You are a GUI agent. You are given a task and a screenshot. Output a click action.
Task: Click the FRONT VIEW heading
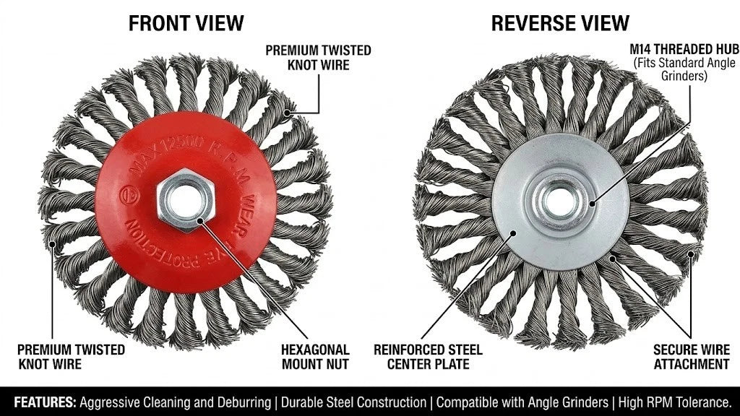pos(186,23)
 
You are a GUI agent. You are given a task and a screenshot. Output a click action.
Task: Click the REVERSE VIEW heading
pos(560,23)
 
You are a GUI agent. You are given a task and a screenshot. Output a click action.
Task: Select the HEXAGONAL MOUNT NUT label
pos(315,357)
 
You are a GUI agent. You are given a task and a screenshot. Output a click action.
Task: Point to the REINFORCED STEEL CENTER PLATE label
pos(428,357)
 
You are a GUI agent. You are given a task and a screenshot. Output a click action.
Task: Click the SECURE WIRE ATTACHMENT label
pos(692,357)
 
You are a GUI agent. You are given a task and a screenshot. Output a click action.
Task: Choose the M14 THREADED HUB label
pos(684,49)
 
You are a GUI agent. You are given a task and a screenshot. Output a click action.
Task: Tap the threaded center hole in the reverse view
pos(561,201)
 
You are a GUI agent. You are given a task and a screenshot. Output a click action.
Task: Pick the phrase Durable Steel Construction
pos(353,402)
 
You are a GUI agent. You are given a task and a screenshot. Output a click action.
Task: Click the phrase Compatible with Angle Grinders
pos(522,403)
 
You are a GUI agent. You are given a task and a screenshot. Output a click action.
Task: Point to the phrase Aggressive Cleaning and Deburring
pos(175,403)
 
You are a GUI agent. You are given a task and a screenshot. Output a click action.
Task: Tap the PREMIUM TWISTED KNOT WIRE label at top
pos(318,58)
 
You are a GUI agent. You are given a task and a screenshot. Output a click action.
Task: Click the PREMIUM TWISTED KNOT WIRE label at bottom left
pos(72,357)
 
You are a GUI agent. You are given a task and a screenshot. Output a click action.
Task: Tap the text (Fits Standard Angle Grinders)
pos(684,69)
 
